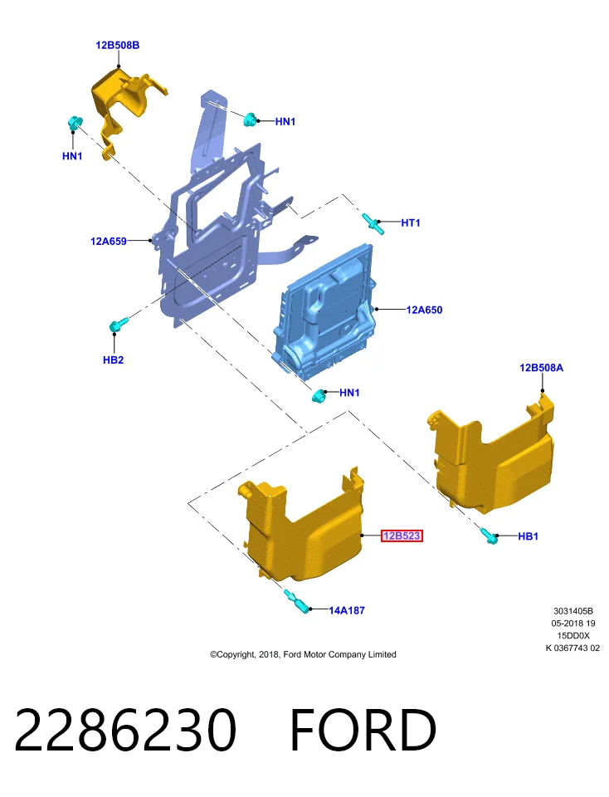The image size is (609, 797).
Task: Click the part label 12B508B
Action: point(117,45)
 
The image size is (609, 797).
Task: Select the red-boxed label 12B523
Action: point(402,535)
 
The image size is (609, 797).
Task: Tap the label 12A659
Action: point(108,242)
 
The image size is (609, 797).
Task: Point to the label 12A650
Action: point(424,310)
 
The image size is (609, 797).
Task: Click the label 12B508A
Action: point(541,368)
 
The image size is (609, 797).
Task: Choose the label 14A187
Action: point(347,610)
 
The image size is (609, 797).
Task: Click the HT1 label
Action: point(411,222)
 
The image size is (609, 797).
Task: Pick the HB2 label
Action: point(113,359)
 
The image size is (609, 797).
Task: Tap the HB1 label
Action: point(528,536)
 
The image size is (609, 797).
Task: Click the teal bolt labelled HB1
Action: point(489,535)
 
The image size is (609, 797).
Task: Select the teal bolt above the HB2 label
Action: point(119,325)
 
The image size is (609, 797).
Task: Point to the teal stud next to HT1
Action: point(373,223)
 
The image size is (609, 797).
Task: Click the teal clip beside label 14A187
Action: point(296,601)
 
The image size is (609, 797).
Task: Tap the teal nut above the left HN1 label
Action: point(75,123)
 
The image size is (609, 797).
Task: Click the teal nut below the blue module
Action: point(319,396)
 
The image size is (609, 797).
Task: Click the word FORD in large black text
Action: point(363,730)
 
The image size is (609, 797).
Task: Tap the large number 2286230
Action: point(125,730)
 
